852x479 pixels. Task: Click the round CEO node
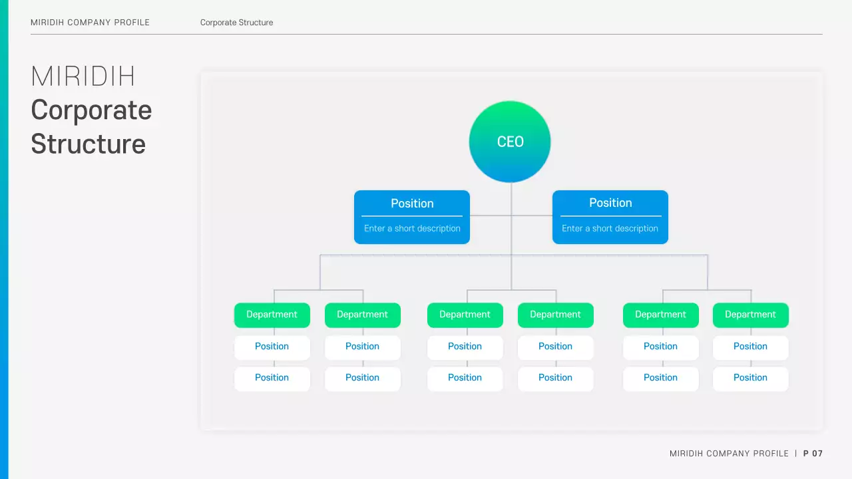[510, 142]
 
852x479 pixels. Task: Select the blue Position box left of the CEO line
[412, 217]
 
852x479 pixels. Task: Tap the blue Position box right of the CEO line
[610, 217]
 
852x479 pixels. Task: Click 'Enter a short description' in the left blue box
[412, 228]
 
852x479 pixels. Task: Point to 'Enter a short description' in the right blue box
[610, 228]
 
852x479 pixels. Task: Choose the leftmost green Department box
[272, 315]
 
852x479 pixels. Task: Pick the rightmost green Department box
[750, 315]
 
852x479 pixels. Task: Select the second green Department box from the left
[362, 315]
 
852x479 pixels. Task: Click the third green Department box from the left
[465, 315]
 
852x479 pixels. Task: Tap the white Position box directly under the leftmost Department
[272, 347]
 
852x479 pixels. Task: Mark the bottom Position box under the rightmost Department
[750, 378]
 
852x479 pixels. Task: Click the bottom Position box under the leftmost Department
[272, 378]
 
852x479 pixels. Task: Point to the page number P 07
[813, 454]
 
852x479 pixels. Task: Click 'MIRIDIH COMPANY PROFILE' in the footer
[729, 454]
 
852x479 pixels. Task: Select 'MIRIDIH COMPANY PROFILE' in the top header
[90, 23]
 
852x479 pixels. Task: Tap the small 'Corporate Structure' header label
[236, 23]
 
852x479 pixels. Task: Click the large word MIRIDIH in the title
[83, 77]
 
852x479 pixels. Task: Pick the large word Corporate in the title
[91, 110]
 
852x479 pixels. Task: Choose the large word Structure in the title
[88, 144]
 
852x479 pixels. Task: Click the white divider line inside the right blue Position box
[610, 216]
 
